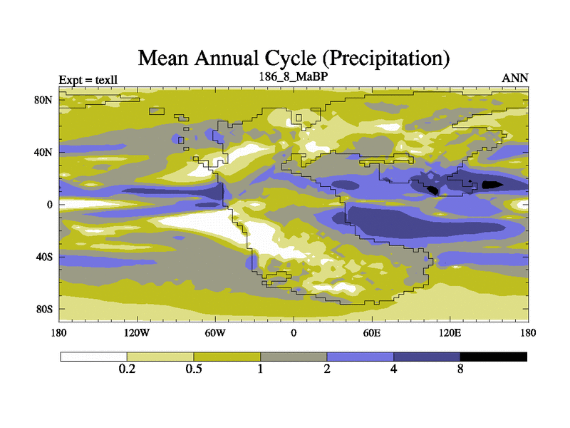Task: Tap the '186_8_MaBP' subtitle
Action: [x=293, y=76]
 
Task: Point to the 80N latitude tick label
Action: [x=44, y=100]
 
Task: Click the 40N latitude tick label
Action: [x=44, y=153]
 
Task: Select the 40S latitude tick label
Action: [x=44, y=257]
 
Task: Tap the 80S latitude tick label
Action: [x=44, y=310]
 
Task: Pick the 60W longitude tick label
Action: [x=215, y=332]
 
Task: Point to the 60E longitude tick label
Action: [x=371, y=332]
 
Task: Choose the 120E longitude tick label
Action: [x=450, y=332]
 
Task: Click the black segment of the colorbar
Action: [x=494, y=356]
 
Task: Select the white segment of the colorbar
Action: [x=93, y=356]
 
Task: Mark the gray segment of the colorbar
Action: [x=294, y=356]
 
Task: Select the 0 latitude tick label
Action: [x=50, y=205]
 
